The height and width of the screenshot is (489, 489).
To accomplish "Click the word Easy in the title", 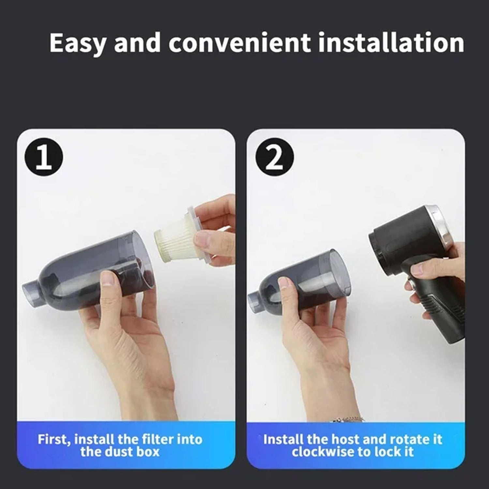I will click(x=78, y=43).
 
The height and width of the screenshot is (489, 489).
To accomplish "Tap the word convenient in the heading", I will click(x=239, y=43).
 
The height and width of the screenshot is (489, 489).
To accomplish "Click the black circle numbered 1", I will click(x=44, y=158).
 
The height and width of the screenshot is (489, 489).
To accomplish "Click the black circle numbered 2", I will click(x=274, y=158).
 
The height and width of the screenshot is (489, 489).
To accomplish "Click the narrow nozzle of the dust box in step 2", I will click(x=256, y=299).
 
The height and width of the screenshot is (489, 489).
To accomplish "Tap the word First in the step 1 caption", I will click(x=54, y=439).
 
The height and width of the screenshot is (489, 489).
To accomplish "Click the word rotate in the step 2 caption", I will click(x=409, y=439).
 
